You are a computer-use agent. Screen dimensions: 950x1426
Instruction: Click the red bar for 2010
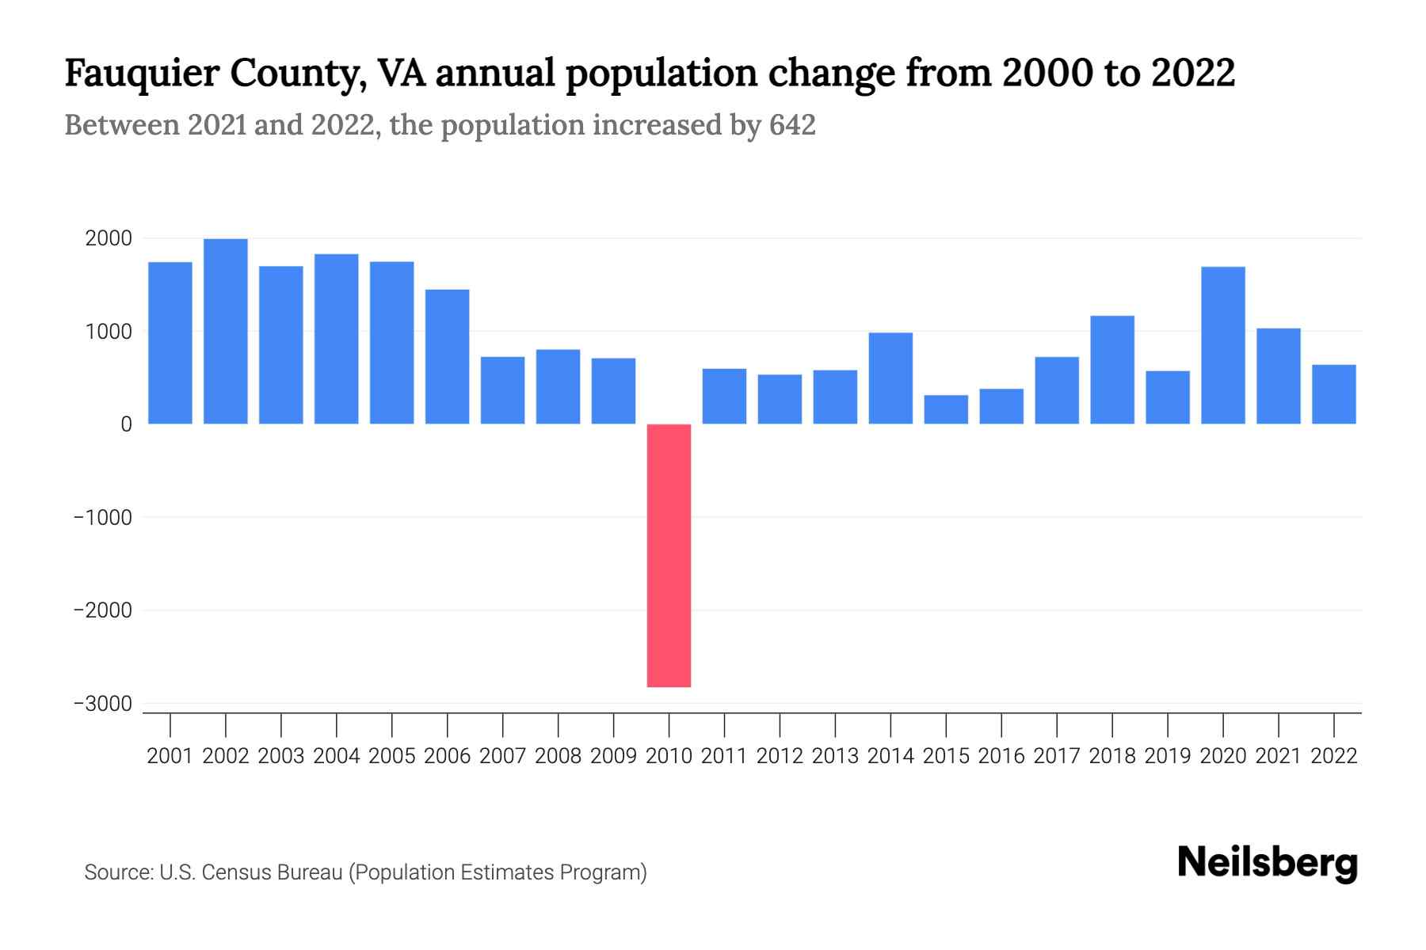coord(669,555)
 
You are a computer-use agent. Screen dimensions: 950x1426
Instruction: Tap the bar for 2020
coord(1222,345)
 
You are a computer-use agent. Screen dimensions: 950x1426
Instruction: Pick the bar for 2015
coord(946,409)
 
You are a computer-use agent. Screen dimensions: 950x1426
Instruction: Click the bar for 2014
coord(890,378)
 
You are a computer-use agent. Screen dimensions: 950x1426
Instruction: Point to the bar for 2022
coord(1333,394)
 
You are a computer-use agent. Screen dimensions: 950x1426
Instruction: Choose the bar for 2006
coord(447,356)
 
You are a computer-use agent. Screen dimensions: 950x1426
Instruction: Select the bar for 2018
coord(1112,370)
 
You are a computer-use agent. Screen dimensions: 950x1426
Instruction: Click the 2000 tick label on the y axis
coord(109,238)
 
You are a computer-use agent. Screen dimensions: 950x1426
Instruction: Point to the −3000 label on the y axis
coord(103,704)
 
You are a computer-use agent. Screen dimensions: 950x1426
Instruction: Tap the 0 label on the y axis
coord(126,424)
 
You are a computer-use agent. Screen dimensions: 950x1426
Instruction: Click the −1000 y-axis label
coord(103,518)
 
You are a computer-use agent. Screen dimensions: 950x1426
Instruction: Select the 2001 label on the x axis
coord(170,756)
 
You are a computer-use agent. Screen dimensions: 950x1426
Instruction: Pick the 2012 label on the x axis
coord(780,756)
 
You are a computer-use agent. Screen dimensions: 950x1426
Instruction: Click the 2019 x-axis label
coord(1168,756)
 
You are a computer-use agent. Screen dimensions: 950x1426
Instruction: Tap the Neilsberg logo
coord(1268,863)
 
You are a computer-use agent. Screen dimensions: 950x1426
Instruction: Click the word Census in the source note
coord(234,872)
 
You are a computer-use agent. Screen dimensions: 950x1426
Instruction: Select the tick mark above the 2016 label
coord(1001,724)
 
